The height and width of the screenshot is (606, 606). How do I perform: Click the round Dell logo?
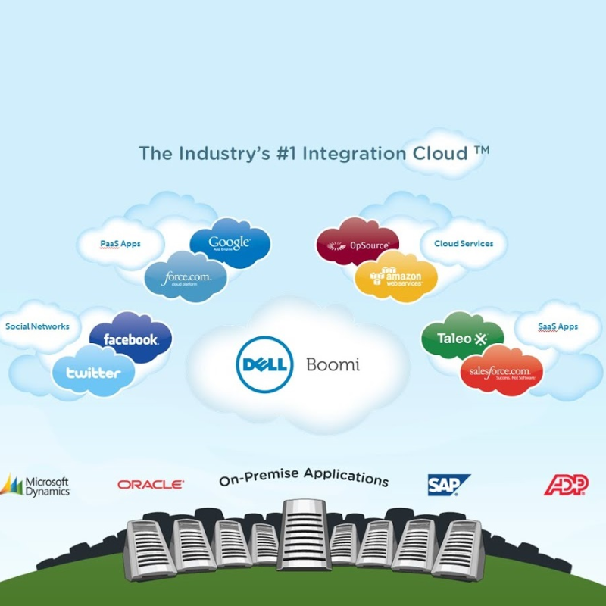(264, 364)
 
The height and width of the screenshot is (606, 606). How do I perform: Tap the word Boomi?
(333, 364)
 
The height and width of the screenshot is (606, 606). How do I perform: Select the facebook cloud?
(130, 338)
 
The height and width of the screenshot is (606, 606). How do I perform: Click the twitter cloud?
(93, 372)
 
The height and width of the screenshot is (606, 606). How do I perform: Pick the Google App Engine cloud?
(230, 243)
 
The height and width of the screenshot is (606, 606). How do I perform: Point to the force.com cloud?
(186, 278)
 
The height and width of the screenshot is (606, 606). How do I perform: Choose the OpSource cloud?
(358, 245)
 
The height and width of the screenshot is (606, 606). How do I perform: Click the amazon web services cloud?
(396, 276)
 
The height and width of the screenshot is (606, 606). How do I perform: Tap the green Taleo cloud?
(461, 338)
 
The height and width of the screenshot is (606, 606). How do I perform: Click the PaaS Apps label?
(120, 244)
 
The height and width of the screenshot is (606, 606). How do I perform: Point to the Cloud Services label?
(463, 244)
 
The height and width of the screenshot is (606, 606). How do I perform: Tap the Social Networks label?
(37, 326)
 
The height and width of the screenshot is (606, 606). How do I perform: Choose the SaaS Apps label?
(558, 326)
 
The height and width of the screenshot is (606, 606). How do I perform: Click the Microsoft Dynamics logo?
(36, 486)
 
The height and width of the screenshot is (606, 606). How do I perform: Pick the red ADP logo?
(566, 485)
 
